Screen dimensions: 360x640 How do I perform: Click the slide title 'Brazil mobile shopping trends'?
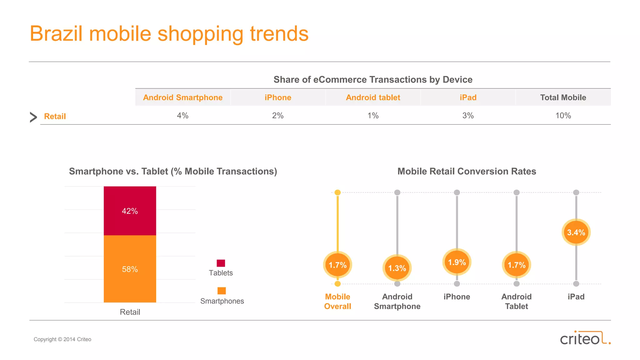click(x=169, y=34)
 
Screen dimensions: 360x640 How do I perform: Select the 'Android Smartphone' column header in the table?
click(x=183, y=97)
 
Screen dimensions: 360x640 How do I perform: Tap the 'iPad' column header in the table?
click(x=468, y=97)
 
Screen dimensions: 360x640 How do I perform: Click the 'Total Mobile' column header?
click(x=563, y=97)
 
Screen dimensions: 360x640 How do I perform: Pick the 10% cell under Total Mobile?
click(x=563, y=116)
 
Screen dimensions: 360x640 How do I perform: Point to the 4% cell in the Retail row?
click(x=182, y=116)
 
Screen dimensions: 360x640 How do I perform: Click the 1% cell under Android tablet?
click(x=373, y=116)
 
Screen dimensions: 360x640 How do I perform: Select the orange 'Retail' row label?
click(x=55, y=117)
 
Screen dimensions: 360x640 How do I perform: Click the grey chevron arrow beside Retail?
click(x=33, y=117)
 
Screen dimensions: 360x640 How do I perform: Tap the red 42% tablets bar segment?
click(x=130, y=211)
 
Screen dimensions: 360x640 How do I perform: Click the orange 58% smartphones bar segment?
click(x=130, y=269)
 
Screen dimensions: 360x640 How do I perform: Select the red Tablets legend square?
click(x=221, y=263)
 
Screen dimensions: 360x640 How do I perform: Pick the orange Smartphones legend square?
click(x=221, y=291)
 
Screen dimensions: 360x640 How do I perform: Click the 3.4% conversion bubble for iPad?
click(x=576, y=232)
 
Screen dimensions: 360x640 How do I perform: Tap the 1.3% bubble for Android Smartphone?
click(x=397, y=268)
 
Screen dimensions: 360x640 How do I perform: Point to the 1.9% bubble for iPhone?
click(x=457, y=262)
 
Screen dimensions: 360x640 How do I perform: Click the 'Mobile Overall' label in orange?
click(x=337, y=301)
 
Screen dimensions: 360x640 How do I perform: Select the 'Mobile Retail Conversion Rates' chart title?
click(x=467, y=171)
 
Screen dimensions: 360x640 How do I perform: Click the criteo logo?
click(x=585, y=338)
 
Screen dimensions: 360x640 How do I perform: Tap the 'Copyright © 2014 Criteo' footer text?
click(x=62, y=339)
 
